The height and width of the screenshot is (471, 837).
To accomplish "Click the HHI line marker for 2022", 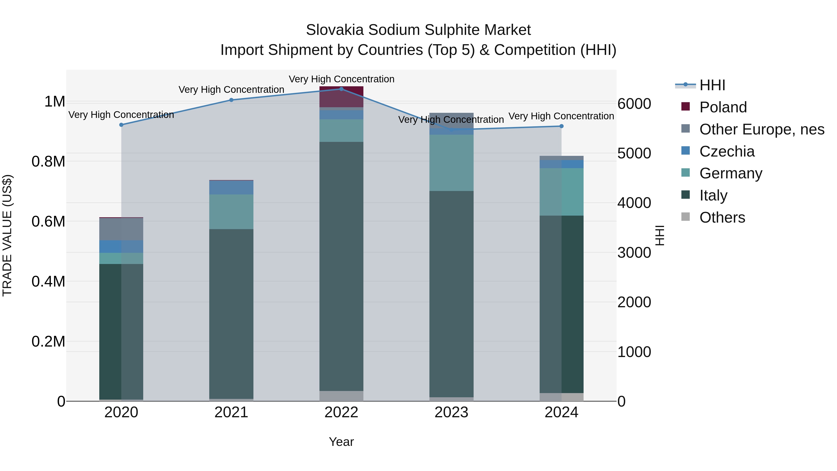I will coord(341,89).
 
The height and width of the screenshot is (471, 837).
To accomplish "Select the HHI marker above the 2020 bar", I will coord(121,125).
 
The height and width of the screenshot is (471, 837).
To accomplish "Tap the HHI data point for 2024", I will coord(561,126).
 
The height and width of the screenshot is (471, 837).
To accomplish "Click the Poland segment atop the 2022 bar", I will coord(341,97).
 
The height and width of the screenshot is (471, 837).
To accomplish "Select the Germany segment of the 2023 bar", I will coord(451,163).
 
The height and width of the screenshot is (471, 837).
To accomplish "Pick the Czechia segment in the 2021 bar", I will coord(231,187).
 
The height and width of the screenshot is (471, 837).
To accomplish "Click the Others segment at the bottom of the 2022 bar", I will coord(341,396).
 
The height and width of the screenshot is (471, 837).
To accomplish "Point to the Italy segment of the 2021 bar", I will coord(231,314).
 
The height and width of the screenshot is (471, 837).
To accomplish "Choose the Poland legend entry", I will coord(723,107).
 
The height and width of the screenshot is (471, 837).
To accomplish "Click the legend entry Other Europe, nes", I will coord(762,129).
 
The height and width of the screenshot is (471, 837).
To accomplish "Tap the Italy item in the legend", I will coord(713,195).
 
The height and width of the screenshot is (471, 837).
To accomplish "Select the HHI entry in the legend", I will coord(712,85).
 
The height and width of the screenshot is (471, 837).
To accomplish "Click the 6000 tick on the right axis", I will coord(634,104).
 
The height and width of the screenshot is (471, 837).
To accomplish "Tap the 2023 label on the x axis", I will coord(451,412).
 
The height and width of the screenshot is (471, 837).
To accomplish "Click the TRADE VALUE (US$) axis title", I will coord(7,235).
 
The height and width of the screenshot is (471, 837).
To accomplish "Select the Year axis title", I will coord(341,442).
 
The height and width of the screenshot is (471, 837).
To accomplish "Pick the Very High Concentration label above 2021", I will coord(231,89).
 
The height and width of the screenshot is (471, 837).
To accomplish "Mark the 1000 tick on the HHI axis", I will coord(634,352).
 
